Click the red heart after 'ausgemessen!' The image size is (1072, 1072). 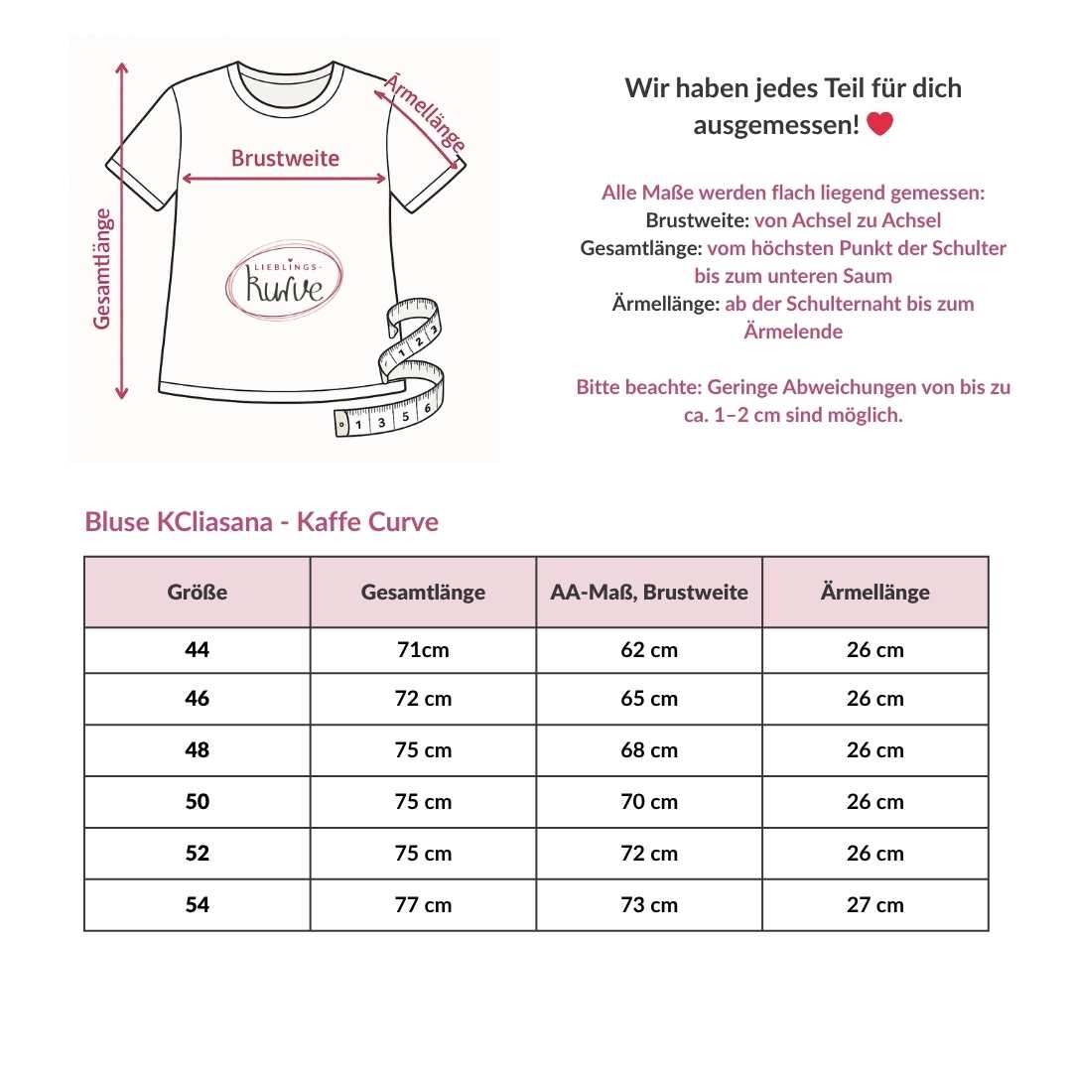880,125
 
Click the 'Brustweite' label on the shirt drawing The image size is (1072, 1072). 285,158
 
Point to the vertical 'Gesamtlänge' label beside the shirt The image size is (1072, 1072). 102,268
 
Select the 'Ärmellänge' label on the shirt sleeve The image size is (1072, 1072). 425,111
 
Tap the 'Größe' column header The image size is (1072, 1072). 198,593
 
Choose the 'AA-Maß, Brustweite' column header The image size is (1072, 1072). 649,593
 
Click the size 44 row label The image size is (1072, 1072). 198,650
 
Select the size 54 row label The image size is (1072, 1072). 198,904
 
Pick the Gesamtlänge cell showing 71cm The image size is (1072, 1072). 423,650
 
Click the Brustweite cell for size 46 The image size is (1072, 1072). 649,699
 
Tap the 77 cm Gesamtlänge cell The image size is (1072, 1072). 423,904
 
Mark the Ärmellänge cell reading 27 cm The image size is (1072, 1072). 875,904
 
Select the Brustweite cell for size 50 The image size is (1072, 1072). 649,802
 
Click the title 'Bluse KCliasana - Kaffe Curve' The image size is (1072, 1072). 262,522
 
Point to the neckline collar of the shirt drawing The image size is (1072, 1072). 285,87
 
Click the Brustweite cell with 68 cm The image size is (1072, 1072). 649,750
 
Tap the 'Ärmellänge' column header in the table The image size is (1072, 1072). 875,593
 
